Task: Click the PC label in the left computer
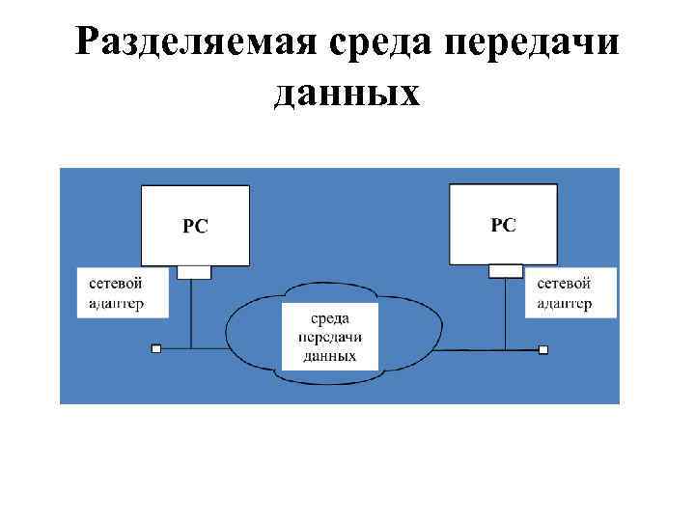pyautogui.click(x=196, y=227)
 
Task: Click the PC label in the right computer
pyautogui.click(x=504, y=225)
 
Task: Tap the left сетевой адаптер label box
pyautogui.click(x=124, y=292)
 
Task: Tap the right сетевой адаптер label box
pyautogui.click(x=571, y=292)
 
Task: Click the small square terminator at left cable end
pyautogui.click(x=156, y=347)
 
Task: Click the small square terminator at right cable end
pyautogui.click(x=543, y=347)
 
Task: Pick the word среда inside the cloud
pyautogui.click(x=329, y=319)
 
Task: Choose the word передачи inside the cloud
pyautogui.click(x=329, y=338)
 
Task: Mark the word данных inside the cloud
pyautogui.click(x=329, y=356)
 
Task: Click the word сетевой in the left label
pyautogui.click(x=116, y=284)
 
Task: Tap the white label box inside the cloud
pyautogui.click(x=329, y=337)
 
